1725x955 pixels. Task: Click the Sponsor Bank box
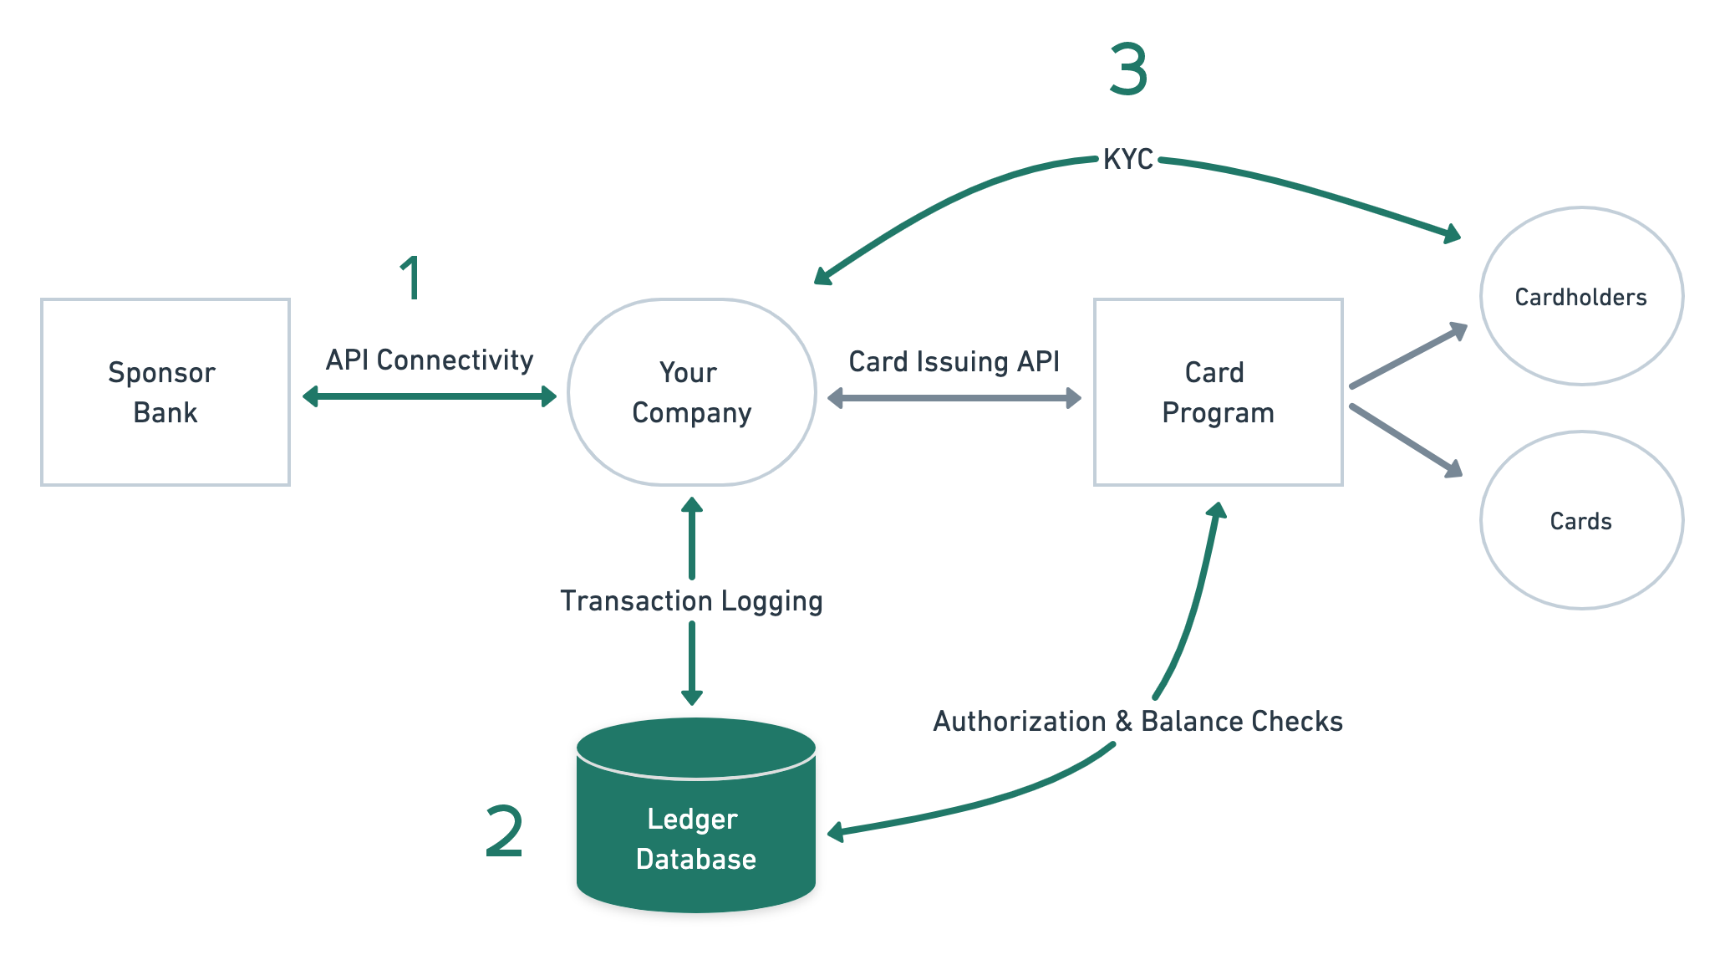click(x=165, y=391)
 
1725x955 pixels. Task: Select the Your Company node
click(x=691, y=391)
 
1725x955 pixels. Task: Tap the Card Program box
click(x=1218, y=391)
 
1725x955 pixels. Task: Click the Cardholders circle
click(x=1580, y=296)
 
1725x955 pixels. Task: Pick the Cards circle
click(x=1580, y=520)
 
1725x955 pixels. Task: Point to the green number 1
click(x=411, y=278)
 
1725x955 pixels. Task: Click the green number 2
click(x=504, y=831)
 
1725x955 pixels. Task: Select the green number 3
click(x=1128, y=70)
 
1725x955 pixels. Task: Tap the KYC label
click(x=1128, y=159)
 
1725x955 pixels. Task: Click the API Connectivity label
click(x=430, y=360)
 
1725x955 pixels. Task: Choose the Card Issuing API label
click(x=954, y=361)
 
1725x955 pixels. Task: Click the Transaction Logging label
click(x=691, y=600)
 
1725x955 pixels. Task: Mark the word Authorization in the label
click(x=1019, y=721)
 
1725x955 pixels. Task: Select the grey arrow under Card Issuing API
click(x=954, y=398)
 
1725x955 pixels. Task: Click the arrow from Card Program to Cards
click(x=1405, y=441)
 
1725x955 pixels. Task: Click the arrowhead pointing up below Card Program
click(x=1218, y=511)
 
